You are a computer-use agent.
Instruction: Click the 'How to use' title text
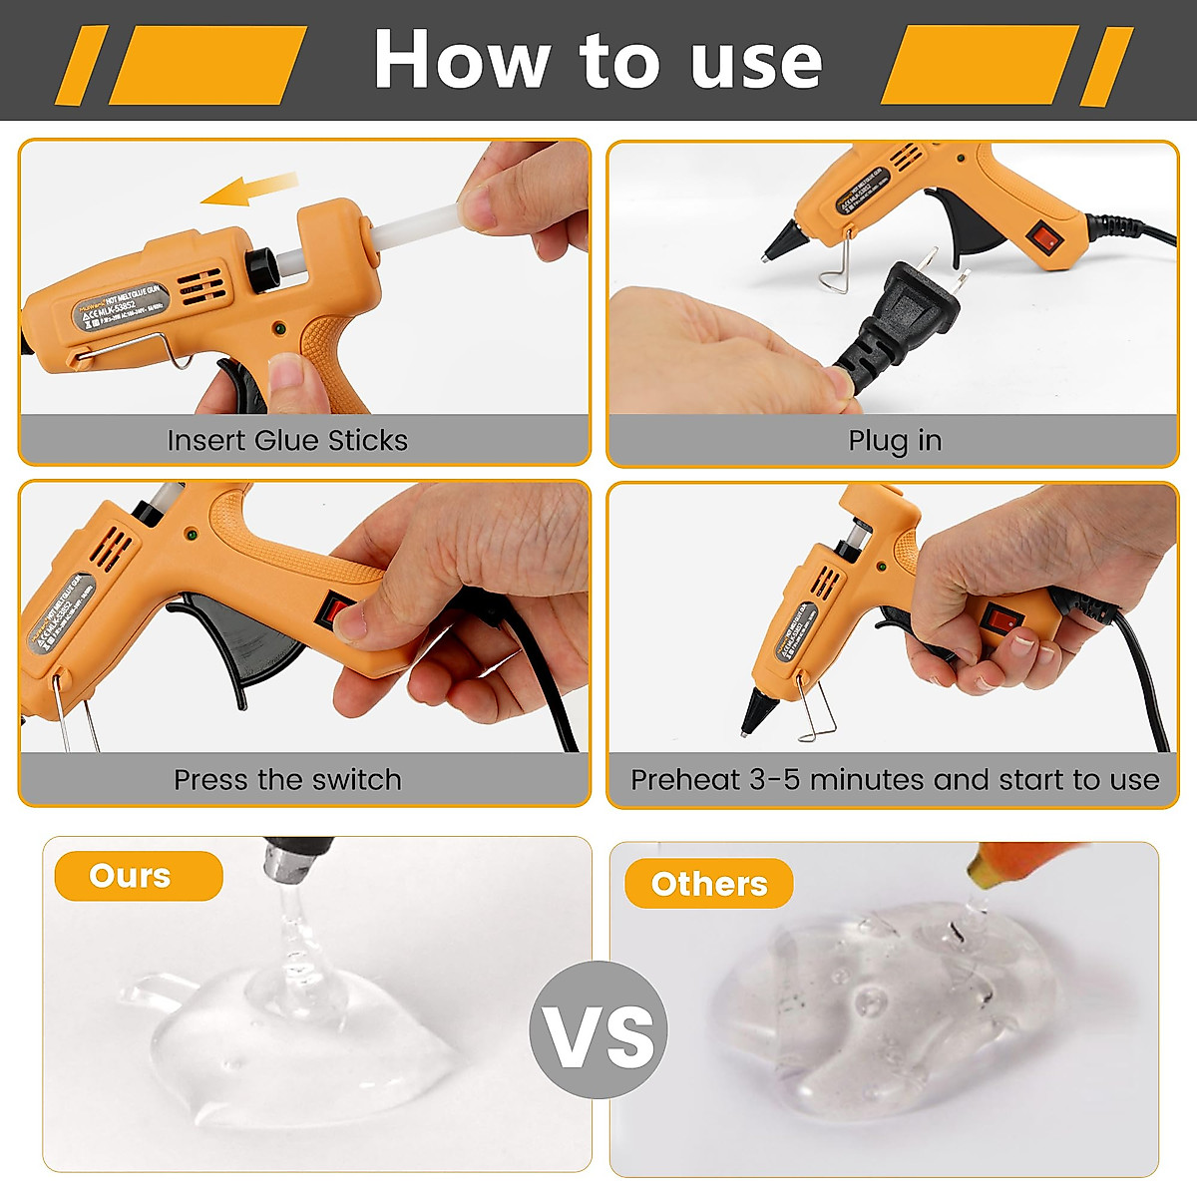pos(598,60)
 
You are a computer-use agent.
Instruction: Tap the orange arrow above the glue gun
pos(249,189)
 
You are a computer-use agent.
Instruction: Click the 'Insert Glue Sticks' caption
pos(287,440)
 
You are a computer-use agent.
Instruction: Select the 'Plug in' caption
pos(894,440)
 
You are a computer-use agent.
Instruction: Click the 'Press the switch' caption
pos(287,779)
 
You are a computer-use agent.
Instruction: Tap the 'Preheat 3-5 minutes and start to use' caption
pos(894,779)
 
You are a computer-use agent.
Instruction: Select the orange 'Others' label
pos(708,884)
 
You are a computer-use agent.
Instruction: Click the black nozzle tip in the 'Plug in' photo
pos(783,240)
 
